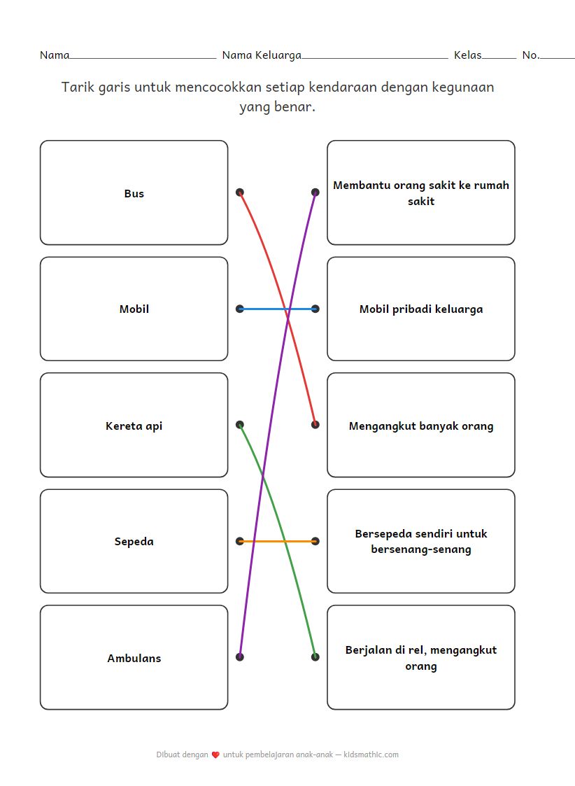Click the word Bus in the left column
click(x=134, y=194)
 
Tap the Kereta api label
click(x=134, y=426)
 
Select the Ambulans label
click(x=134, y=658)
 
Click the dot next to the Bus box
click(x=240, y=192)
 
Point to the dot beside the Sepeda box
click(x=240, y=541)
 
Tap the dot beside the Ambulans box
click(x=240, y=657)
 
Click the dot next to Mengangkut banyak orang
click(x=315, y=424)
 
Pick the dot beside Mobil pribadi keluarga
click(x=315, y=309)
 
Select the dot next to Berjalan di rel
click(x=315, y=657)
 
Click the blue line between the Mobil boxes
click(x=266, y=309)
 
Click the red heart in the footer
click(x=215, y=755)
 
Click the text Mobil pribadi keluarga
click(x=420, y=309)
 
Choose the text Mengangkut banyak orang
click(x=420, y=426)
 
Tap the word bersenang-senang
click(x=420, y=549)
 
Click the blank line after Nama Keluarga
click(x=374, y=57)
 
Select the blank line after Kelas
click(x=499, y=57)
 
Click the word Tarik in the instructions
click(x=76, y=87)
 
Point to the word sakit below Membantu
click(x=420, y=202)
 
